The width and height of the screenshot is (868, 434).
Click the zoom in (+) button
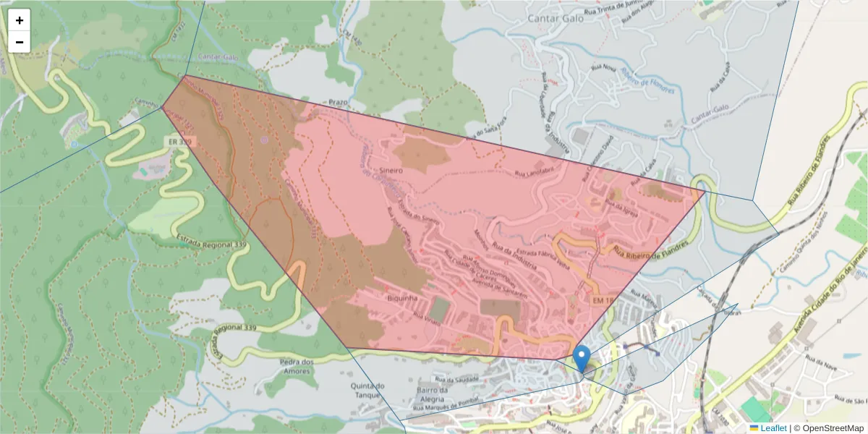coord(20,20)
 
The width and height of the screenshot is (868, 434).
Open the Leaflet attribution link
coord(773,428)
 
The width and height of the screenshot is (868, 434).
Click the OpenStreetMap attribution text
coord(829,428)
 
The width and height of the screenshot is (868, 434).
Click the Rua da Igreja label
coord(624,206)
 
